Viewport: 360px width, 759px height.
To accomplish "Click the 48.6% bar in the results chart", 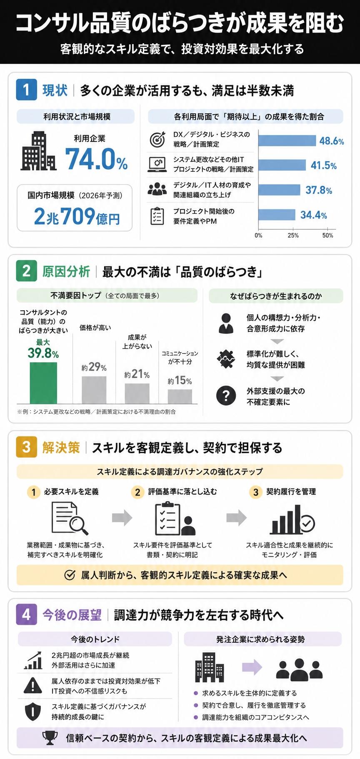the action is point(287,140).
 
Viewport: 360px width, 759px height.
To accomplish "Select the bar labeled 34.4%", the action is point(277,215).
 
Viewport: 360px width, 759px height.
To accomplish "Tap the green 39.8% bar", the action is point(43,383).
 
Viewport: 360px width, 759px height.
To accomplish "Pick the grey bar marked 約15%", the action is point(180,396).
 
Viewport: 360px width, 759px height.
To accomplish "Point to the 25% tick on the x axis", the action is point(293,235).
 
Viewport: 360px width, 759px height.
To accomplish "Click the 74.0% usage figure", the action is point(96,159).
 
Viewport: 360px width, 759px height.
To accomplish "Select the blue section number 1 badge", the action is point(26,90).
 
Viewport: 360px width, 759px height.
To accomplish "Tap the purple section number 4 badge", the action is point(26,614).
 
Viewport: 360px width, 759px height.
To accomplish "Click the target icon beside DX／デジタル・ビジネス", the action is point(157,140).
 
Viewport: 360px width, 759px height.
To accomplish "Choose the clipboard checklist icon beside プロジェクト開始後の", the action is point(157,216).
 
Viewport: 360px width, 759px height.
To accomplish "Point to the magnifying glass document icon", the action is point(70,518).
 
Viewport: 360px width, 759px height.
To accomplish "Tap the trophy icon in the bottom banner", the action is point(50,738).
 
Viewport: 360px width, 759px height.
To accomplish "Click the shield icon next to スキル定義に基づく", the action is point(33,711).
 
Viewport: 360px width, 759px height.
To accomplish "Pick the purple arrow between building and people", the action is point(252,667).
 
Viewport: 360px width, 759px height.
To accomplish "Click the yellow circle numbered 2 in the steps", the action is point(137,492).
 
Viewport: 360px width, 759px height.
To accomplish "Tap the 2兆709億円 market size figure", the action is point(77,216).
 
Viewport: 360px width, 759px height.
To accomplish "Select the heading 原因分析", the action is point(66,272).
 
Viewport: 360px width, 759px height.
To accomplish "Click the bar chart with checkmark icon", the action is point(292,520).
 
